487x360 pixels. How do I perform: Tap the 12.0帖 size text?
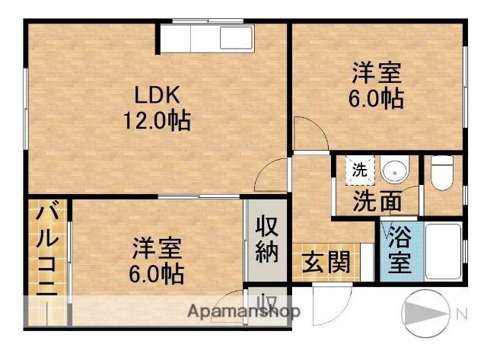tap(158, 120)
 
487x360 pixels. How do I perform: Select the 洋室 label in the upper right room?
tap(376, 75)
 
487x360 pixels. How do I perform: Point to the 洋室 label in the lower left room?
tap(157, 249)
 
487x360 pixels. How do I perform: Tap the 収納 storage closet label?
tap(266, 239)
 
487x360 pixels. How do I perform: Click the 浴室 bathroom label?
tap(399, 250)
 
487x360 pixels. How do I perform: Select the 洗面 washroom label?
tap(376, 203)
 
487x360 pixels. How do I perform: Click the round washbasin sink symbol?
tap(394, 170)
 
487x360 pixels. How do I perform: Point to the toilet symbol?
tap(442, 173)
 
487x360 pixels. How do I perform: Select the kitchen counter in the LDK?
tap(206, 36)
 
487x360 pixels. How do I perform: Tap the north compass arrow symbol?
tap(425, 311)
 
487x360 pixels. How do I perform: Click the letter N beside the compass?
tap(461, 313)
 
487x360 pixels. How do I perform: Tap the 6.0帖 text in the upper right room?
tap(377, 100)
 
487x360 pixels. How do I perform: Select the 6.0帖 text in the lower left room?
tap(158, 272)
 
